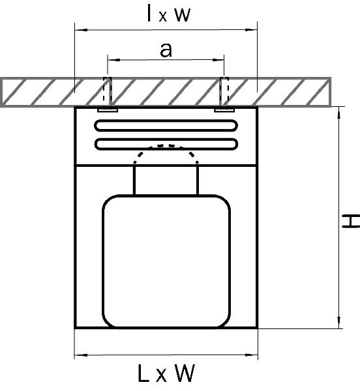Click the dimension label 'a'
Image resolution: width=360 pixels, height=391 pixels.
(166, 50)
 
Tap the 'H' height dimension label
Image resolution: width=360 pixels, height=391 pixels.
(350, 221)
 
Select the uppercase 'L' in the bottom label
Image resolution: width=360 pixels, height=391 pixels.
(143, 373)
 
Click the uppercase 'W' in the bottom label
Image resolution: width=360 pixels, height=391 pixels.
(185, 373)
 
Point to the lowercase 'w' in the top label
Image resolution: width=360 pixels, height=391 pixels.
(183, 14)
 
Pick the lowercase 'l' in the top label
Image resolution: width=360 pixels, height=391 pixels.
(149, 13)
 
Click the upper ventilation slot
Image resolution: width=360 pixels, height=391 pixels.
(166, 125)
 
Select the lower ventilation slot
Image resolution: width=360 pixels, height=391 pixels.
(166, 144)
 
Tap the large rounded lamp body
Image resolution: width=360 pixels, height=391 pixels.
(166, 261)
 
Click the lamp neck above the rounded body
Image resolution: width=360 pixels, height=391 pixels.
(166, 180)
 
